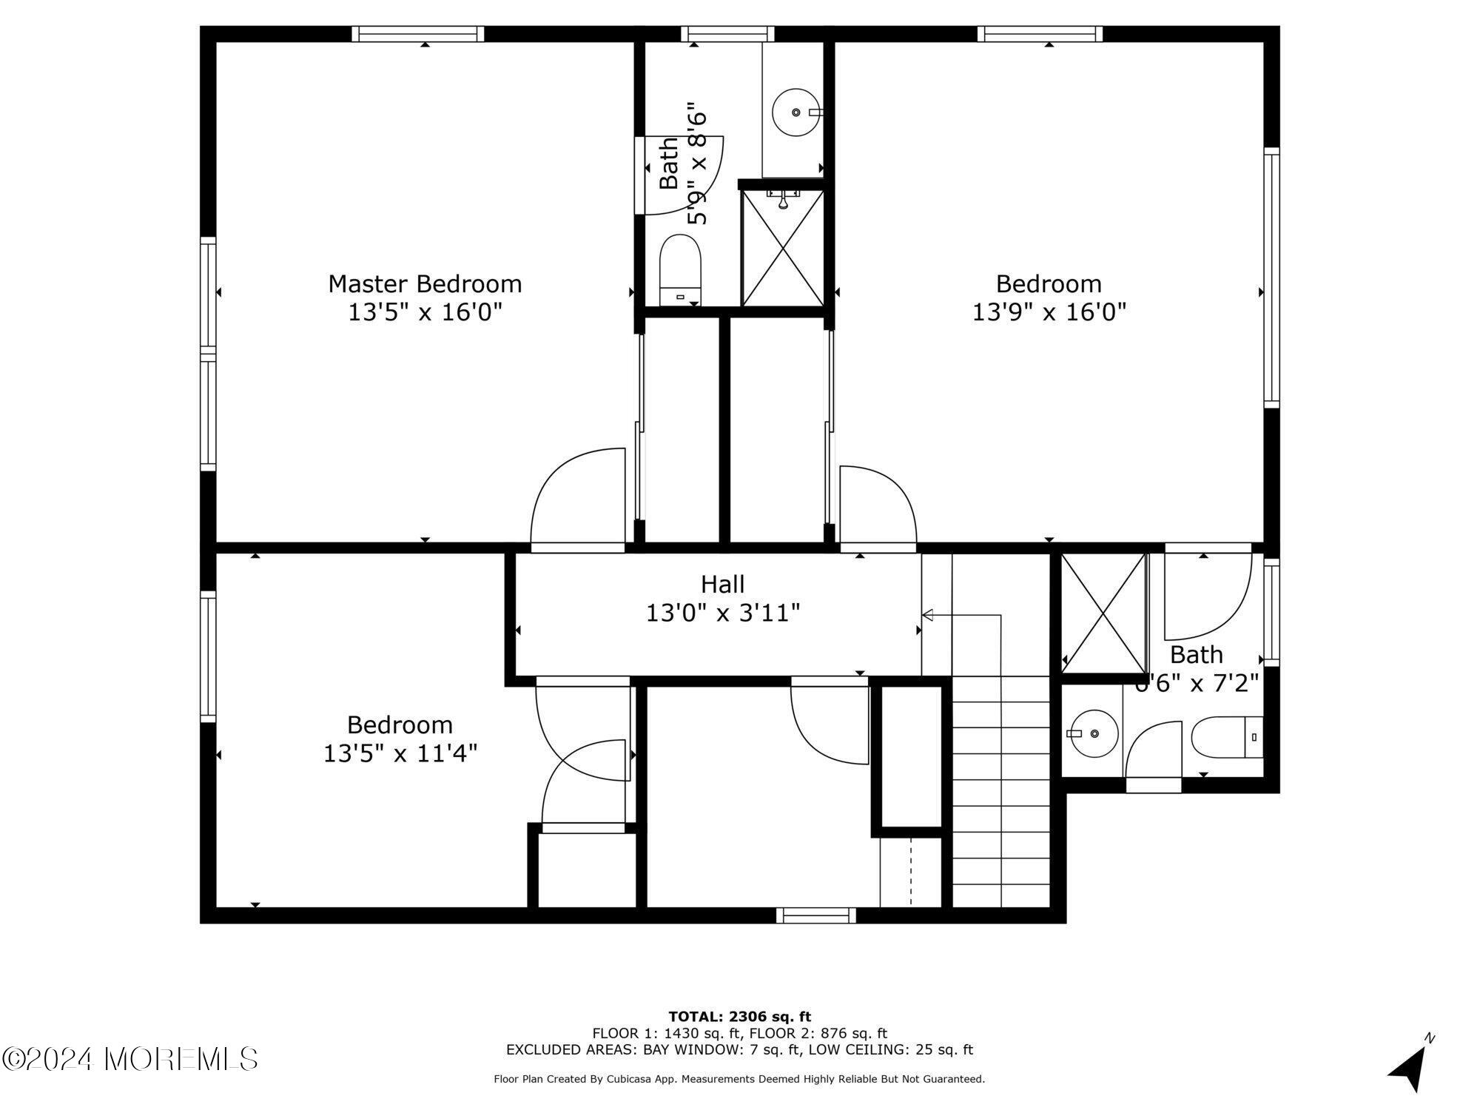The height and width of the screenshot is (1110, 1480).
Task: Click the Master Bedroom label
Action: [425, 284]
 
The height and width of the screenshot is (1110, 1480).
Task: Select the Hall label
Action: [722, 585]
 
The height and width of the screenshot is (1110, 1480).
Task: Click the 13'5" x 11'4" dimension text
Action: [400, 753]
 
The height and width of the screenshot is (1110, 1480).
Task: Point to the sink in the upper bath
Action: [795, 112]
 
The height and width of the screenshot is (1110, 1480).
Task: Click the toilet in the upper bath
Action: [680, 270]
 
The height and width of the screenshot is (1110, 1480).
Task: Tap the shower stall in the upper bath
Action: [782, 247]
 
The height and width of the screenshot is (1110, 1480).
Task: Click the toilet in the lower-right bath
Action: [1225, 737]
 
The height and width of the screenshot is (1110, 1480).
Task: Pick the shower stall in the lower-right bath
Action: [1103, 613]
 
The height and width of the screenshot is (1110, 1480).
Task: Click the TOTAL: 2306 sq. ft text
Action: [739, 1017]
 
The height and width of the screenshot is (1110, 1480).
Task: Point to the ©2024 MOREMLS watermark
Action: [130, 1059]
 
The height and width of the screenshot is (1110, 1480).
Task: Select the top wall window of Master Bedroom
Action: [417, 33]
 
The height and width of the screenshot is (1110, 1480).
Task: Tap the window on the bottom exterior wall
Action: [815, 916]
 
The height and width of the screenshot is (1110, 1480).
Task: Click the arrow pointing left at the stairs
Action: [928, 615]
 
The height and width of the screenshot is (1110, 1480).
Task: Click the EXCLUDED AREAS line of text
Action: [739, 1050]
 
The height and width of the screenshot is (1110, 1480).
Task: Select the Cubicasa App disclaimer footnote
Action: [739, 1080]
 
